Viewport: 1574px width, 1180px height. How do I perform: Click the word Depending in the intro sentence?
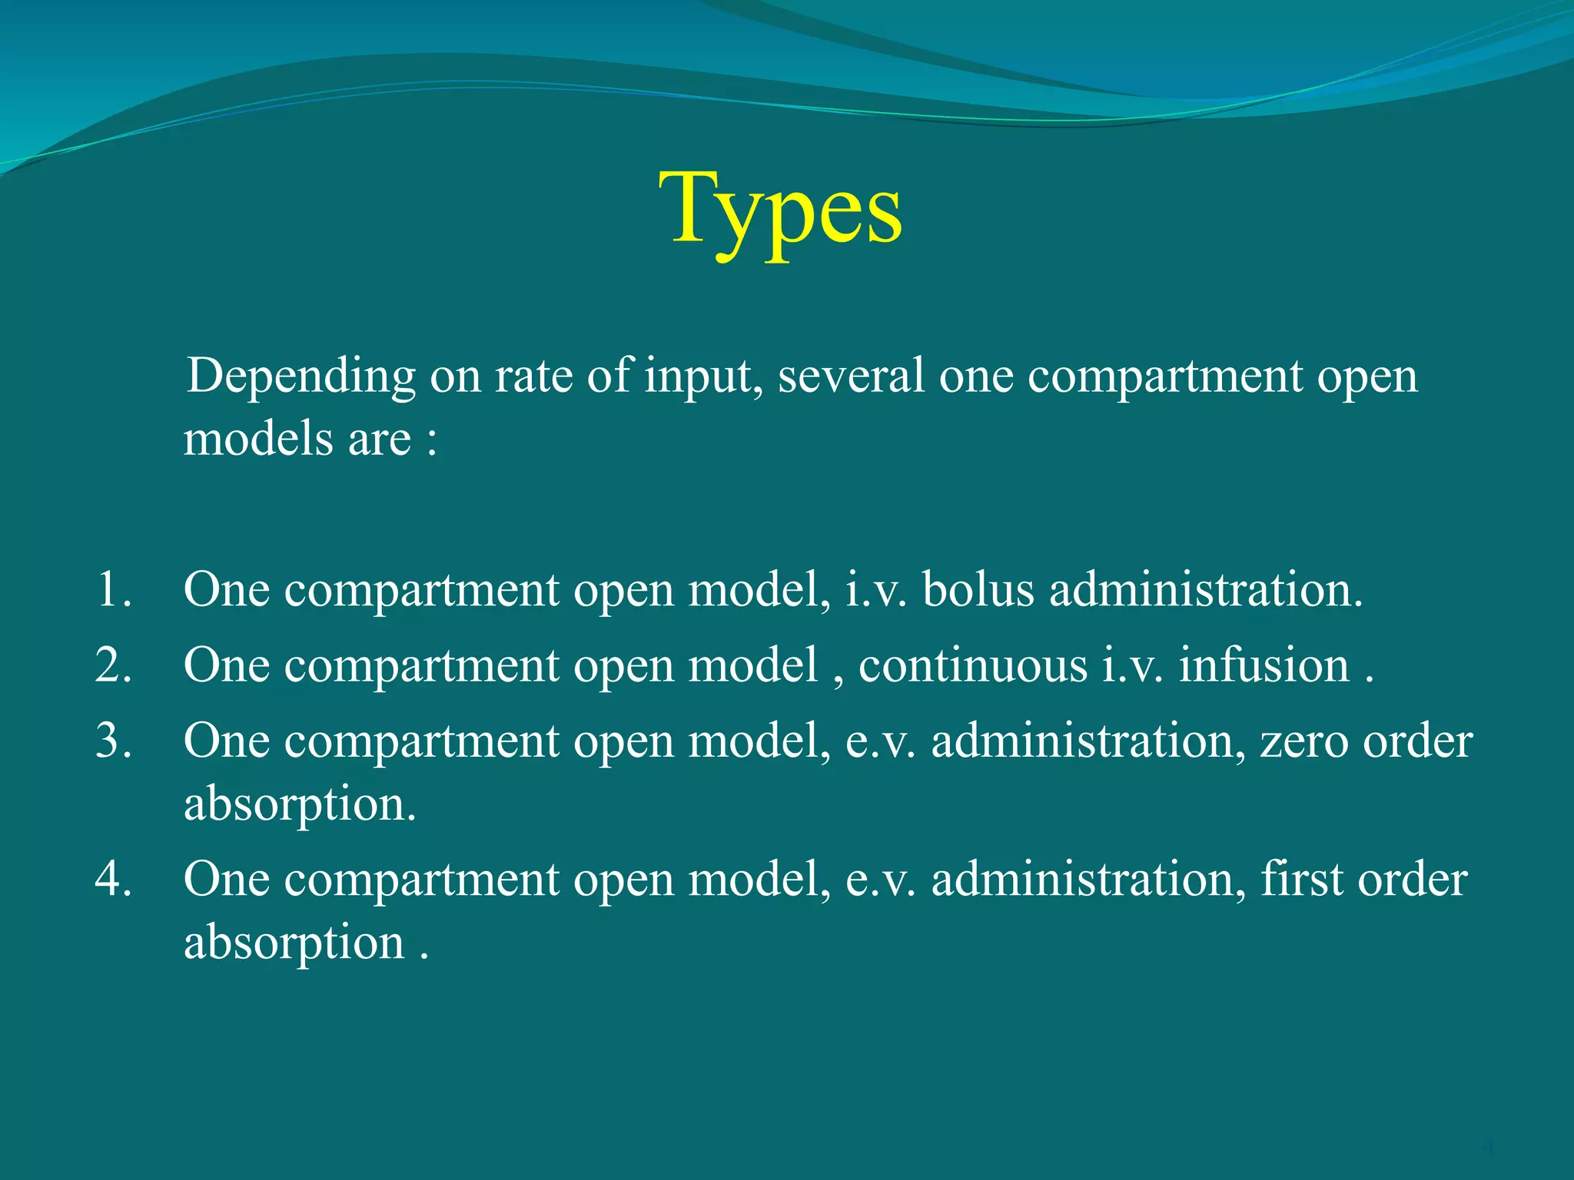[301, 376]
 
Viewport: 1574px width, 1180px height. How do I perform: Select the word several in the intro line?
[850, 376]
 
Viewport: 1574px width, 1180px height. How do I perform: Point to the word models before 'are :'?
[258, 439]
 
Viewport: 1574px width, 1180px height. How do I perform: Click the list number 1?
[114, 590]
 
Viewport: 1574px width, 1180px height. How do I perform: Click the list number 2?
[114, 665]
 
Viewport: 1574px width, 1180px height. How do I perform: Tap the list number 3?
[114, 741]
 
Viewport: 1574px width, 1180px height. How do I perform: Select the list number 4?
[114, 879]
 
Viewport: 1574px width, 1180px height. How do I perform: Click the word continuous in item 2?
[972, 665]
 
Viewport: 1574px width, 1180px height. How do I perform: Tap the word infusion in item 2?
[1264, 665]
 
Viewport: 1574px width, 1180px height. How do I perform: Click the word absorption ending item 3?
[300, 805]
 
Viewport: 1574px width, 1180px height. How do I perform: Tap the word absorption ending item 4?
[294, 943]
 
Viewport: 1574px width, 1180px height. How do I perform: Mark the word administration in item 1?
[1205, 590]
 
